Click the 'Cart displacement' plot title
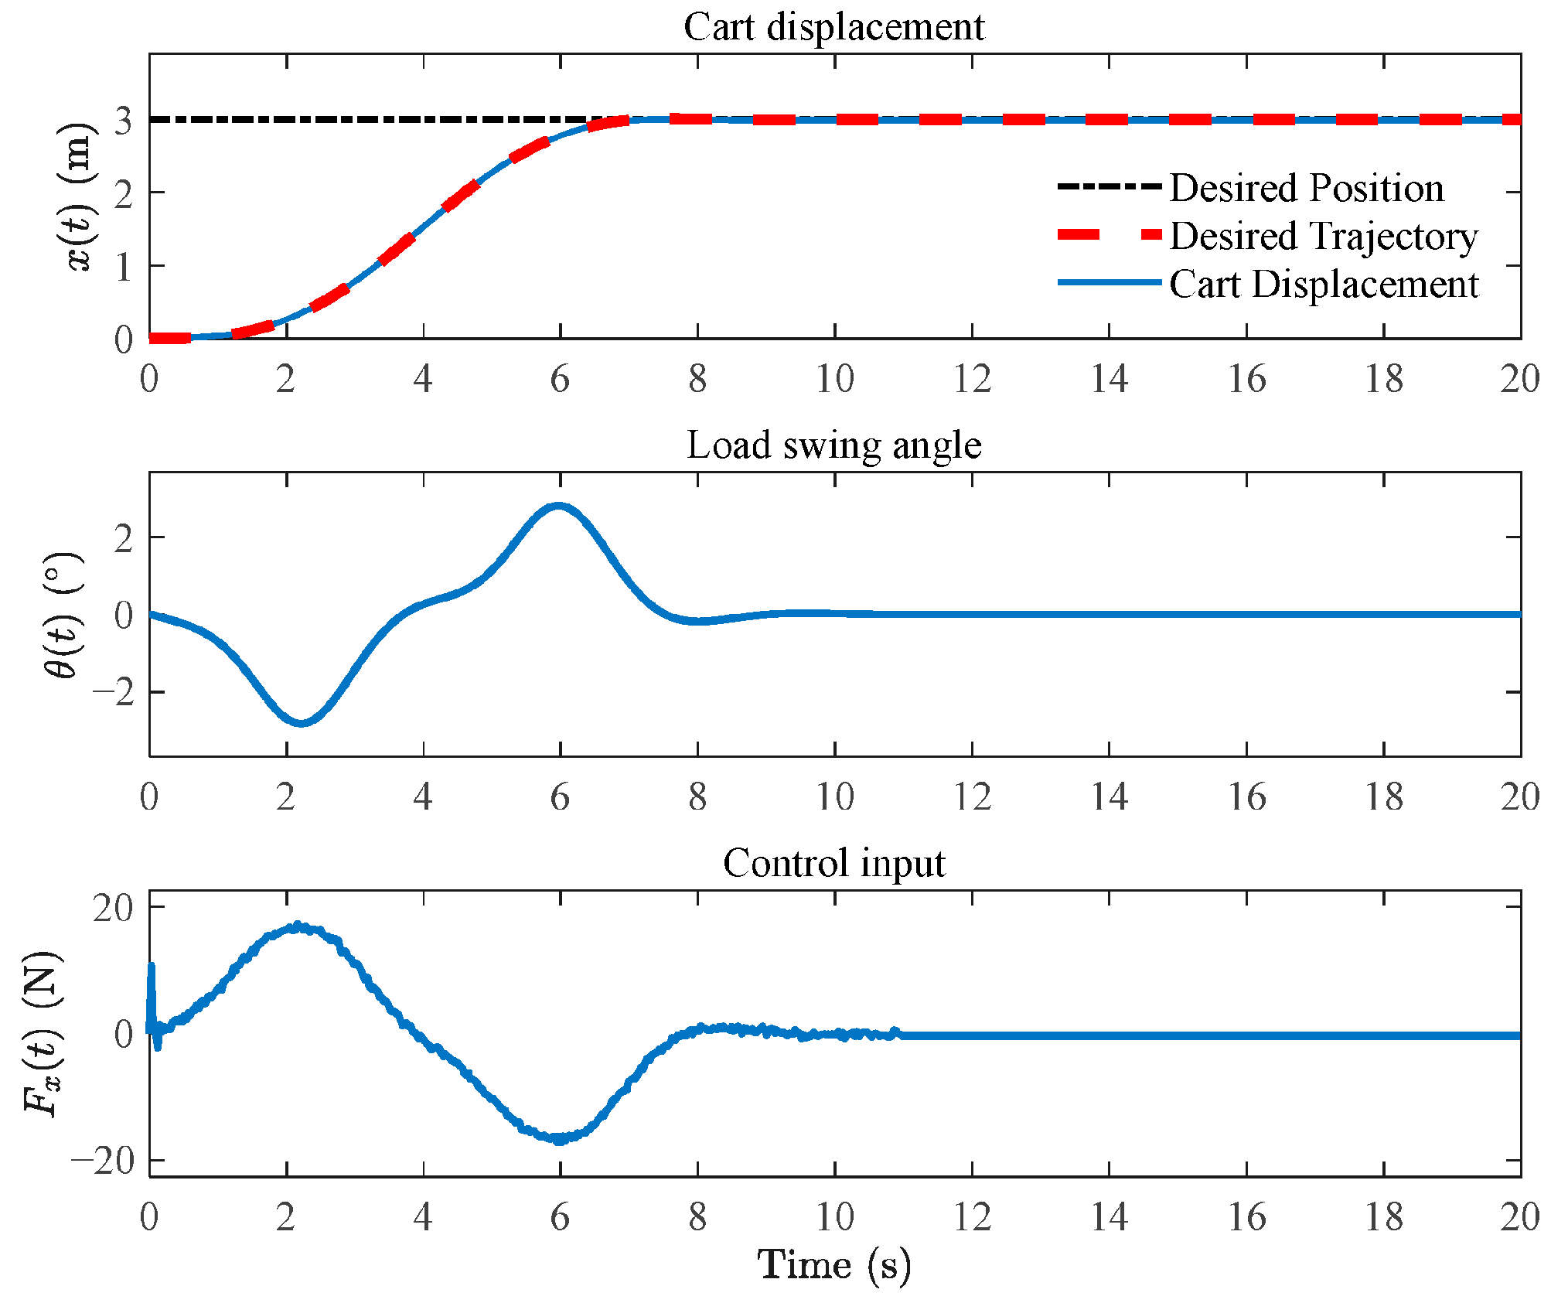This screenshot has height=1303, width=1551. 834,26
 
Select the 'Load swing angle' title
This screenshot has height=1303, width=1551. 834,445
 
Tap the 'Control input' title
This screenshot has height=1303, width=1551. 834,863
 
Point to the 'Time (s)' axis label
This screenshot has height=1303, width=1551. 834,1265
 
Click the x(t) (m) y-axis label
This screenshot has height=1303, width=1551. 80,196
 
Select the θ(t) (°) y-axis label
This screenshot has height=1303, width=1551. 63,615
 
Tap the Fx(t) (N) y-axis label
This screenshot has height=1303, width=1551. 43,1034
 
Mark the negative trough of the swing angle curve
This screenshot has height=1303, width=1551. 302,723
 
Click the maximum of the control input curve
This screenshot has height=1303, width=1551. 297,926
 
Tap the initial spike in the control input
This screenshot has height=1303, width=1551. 152,967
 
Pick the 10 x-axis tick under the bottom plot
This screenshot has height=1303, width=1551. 835,1217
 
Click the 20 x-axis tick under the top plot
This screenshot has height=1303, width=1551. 1520,379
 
